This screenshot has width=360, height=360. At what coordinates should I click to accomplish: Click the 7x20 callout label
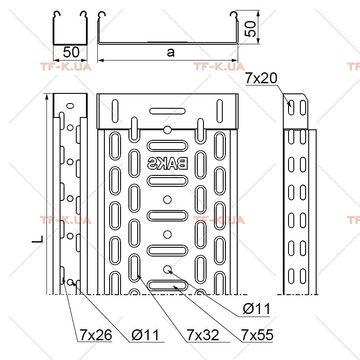(x=261, y=78)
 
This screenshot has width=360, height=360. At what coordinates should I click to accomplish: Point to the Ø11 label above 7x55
(x=257, y=309)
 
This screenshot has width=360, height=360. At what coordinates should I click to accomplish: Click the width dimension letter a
(x=171, y=52)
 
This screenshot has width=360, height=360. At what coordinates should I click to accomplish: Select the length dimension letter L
(x=38, y=239)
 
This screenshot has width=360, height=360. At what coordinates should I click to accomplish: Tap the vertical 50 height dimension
(x=250, y=29)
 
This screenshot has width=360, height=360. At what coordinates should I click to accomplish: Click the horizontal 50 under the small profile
(x=71, y=52)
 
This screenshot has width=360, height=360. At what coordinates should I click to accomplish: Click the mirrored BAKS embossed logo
(x=168, y=163)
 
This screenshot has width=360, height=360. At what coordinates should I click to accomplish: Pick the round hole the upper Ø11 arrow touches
(x=168, y=269)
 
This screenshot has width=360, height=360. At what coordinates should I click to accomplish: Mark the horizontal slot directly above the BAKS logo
(x=168, y=146)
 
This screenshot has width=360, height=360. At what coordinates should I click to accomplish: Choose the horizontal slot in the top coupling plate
(x=168, y=111)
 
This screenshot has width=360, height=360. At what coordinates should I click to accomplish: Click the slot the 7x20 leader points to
(x=291, y=107)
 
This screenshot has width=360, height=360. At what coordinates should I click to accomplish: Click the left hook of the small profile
(x=56, y=15)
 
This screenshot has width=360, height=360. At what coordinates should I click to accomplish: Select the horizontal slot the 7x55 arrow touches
(x=168, y=285)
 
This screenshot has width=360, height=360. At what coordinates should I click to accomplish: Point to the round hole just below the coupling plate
(x=168, y=130)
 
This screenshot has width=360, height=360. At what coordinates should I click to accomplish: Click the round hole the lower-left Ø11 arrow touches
(x=70, y=282)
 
